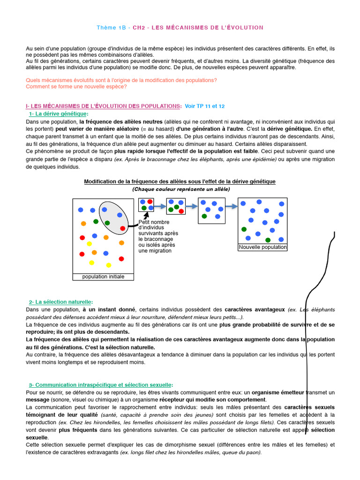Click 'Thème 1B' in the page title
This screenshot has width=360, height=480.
pos(112,28)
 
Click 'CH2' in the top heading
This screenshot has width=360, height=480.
pos(139,28)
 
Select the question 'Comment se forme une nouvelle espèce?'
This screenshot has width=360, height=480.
pos(76,86)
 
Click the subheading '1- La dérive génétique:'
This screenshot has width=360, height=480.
pos(59,114)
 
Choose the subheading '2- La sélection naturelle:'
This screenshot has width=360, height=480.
pos(61,302)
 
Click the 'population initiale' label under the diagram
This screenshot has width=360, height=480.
pos(103,277)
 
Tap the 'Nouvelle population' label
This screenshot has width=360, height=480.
pos(262,247)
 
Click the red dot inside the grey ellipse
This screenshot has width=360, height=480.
pos(123,228)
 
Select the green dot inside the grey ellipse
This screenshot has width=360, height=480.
pos(107,223)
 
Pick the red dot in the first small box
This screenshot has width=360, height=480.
pos(150,202)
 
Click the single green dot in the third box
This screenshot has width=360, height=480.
pos(204,216)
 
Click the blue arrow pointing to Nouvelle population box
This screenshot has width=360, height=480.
pos(231,206)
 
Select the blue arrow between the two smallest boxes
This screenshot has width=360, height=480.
pos(160,206)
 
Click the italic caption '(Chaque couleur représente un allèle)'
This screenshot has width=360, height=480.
pos(181,189)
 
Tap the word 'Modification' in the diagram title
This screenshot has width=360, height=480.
pos(100,181)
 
